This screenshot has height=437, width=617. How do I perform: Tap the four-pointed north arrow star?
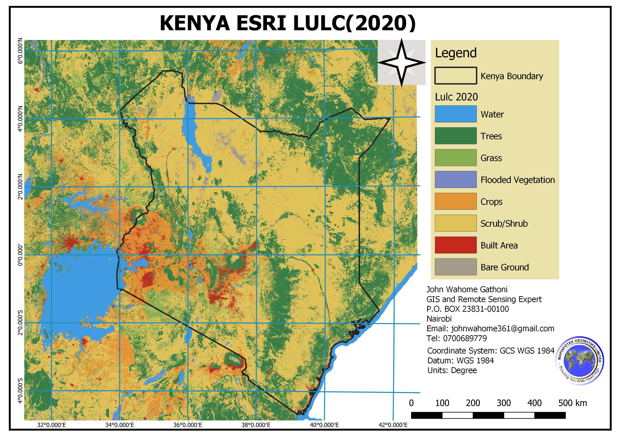click(401, 62)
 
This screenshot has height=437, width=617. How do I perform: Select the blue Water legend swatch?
click(455, 114)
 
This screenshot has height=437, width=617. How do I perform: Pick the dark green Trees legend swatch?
click(455, 136)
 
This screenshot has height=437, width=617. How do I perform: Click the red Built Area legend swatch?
click(455, 245)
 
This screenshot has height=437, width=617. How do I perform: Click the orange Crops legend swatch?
click(455, 201)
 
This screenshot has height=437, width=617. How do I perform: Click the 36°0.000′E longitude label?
click(188, 425)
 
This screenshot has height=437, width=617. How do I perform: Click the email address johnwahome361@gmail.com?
click(502, 329)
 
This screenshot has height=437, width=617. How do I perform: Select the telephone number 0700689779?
click(465, 338)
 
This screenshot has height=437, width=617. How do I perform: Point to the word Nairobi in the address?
click(439, 319)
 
